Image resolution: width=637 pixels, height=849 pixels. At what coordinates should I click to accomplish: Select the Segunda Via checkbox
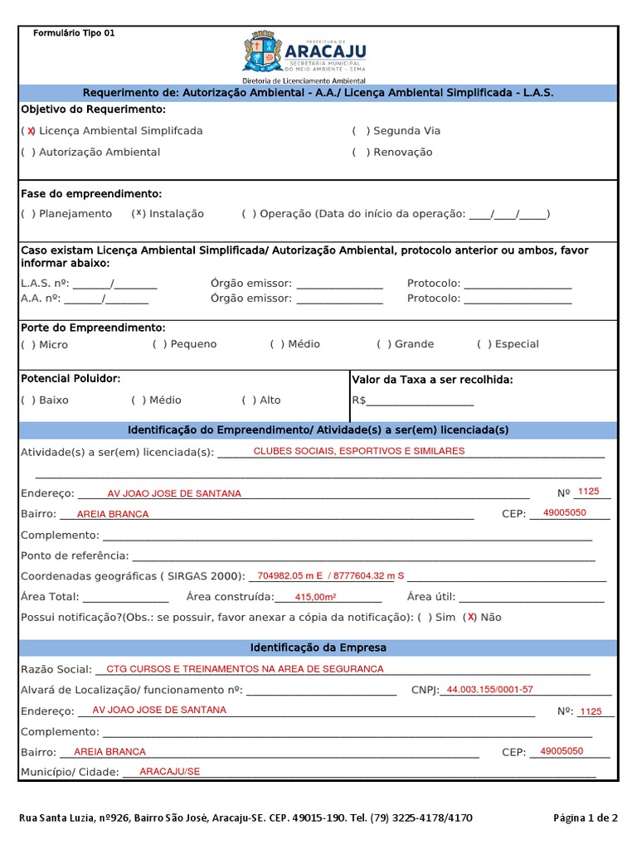coord(361,131)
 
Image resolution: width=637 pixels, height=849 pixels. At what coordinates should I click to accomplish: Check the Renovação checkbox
coord(361,153)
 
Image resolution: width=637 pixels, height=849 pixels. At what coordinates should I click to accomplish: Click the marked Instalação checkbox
coord(139,214)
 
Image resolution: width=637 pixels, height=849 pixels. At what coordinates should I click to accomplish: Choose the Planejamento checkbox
coord(29,214)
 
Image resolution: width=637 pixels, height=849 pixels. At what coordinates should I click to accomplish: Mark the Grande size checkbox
coord(384,344)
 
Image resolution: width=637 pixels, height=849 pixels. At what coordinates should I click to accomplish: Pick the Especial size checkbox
coord(484,344)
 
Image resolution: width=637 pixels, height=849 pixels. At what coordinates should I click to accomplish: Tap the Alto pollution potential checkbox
coord(250,400)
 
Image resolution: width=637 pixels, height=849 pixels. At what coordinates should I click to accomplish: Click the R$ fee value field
coord(420,400)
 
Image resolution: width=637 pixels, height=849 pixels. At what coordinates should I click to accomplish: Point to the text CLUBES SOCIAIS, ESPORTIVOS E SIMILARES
coord(358,451)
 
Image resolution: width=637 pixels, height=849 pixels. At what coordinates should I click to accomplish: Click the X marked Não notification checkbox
coord(470,617)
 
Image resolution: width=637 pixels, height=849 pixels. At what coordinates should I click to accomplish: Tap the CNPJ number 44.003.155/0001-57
coord(489,690)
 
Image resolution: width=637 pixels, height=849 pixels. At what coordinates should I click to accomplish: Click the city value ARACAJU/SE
coord(170,771)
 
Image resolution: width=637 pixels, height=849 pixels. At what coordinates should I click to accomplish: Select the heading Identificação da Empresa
coord(318,648)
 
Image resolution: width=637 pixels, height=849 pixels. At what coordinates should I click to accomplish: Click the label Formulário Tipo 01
coord(74,33)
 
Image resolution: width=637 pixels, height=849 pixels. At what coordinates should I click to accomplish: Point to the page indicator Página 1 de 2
coord(585,817)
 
